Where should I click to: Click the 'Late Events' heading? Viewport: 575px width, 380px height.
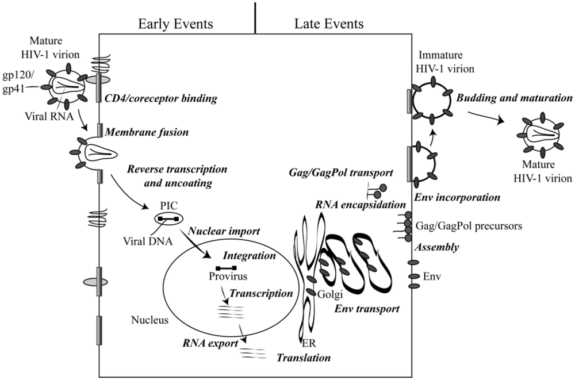[329, 25]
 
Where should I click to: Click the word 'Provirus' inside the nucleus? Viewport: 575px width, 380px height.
[225, 277]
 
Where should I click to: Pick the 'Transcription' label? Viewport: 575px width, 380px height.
[261, 294]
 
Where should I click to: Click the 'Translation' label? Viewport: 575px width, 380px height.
[304, 358]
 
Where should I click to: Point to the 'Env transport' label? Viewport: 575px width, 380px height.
[366, 309]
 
